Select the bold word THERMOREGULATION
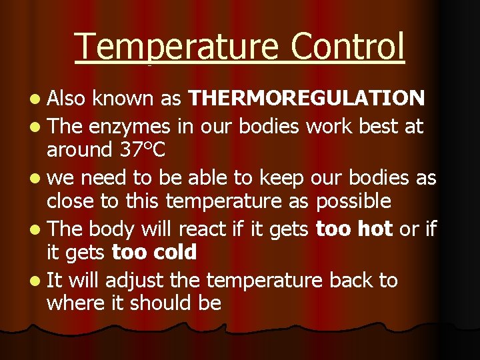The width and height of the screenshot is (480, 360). point(307,98)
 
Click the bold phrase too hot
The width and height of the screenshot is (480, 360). point(354,229)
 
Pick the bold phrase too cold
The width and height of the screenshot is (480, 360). point(154,253)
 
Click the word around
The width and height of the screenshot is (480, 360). point(79,150)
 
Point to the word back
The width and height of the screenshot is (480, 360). point(352,280)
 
